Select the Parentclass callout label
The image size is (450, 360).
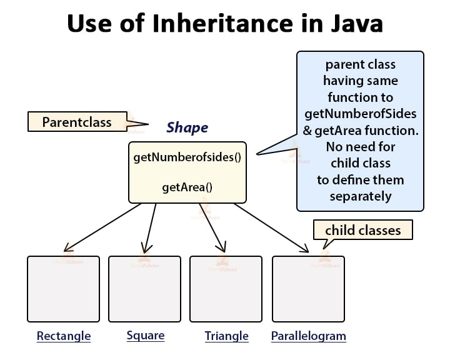tap(77, 121)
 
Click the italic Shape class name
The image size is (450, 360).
tap(187, 128)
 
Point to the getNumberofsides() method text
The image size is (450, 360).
tap(187, 157)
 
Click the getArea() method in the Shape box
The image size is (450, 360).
tap(187, 186)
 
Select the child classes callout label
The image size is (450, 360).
tap(362, 230)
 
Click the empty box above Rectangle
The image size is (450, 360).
tap(63, 288)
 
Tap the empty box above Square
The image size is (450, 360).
tap(144, 288)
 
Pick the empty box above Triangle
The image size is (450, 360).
tap(226, 288)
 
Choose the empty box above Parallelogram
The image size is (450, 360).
tap(308, 288)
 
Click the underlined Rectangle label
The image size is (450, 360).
tap(64, 336)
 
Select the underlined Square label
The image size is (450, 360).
tap(146, 336)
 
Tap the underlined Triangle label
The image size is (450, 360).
tap(226, 336)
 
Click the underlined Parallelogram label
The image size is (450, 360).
tap(308, 336)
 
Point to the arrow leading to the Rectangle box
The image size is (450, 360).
tap(103, 227)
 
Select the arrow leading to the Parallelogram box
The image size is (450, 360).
tap(272, 227)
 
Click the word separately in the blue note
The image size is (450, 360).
tap(361, 196)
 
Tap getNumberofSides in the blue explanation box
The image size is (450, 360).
tap(361, 114)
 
